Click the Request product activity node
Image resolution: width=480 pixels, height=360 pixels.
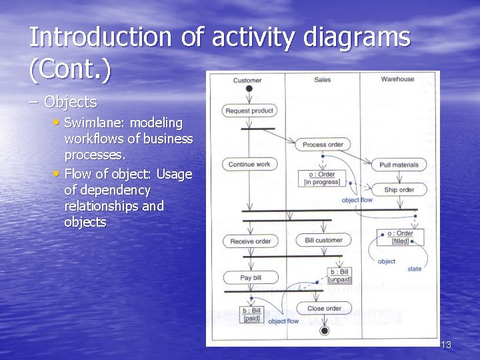pyautogui.click(x=249, y=111)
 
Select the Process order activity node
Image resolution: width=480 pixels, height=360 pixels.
pyautogui.click(x=323, y=145)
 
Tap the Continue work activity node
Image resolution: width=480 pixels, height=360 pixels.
pyautogui.click(x=249, y=164)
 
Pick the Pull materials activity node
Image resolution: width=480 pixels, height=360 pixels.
pyautogui.click(x=399, y=165)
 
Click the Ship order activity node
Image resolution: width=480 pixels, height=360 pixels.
pyautogui.click(x=399, y=189)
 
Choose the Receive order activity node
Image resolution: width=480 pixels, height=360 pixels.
pyautogui.click(x=250, y=241)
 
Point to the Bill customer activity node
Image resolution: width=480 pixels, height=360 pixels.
pyautogui.click(x=323, y=240)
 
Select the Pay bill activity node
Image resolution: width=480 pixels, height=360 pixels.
pyautogui.click(x=250, y=277)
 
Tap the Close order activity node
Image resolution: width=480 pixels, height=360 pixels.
pyautogui.click(x=325, y=308)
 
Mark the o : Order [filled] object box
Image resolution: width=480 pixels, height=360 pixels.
pyautogui.click(x=400, y=237)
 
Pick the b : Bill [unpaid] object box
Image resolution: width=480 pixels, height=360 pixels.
pyautogui.click(x=339, y=275)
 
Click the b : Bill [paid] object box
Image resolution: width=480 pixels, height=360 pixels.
pyautogui.click(x=251, y=314)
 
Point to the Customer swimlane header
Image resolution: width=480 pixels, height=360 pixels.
pyautogui.click(x=247, y=81)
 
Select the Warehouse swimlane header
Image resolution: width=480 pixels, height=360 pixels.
pyautogui.click(x=397, y=79)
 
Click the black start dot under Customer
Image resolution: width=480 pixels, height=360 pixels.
pyautogui.click(x=249, y=89)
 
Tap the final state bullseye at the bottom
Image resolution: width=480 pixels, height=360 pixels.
pyautogui.click(x=325, y=331)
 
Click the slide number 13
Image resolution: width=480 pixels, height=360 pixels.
pyautogui.click(x=446, y=345)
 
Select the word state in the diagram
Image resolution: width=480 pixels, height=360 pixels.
pyautogui.click(x=414, y=269)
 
